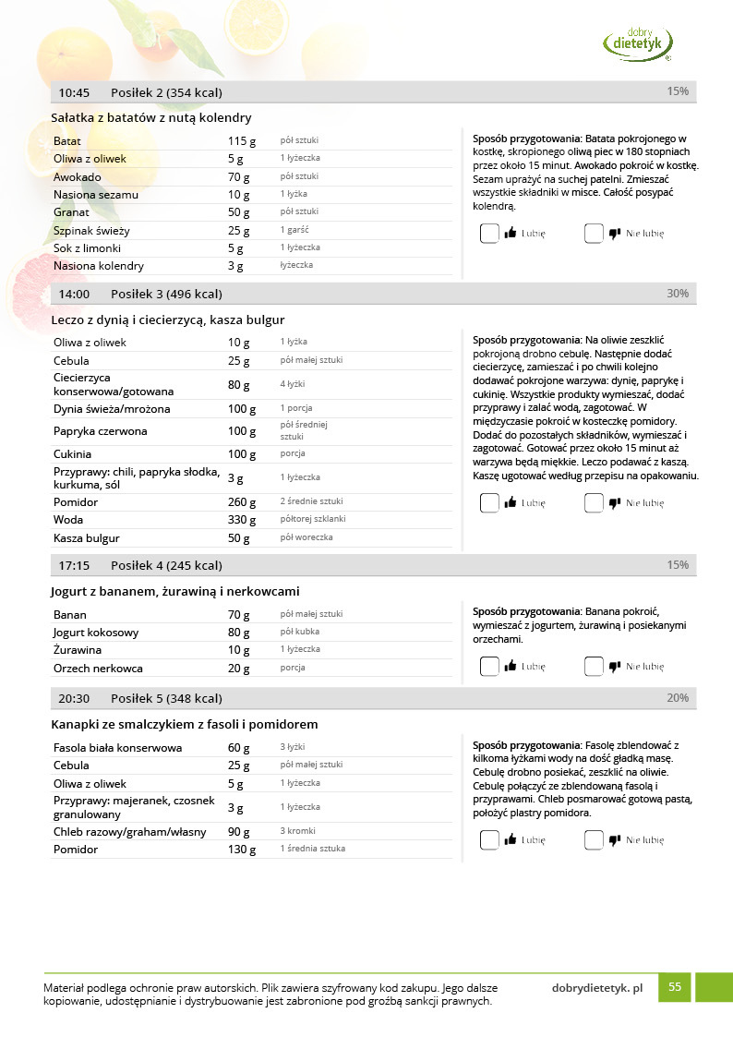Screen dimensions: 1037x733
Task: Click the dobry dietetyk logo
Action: [638, 42]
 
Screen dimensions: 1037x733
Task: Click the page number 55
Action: [675, 987]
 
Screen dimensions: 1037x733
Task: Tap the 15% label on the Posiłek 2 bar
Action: [678, 91]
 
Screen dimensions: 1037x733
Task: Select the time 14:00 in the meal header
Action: [74, 294]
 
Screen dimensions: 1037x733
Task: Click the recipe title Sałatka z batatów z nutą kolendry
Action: [151, 117]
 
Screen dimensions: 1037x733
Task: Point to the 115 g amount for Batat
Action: [242, 141]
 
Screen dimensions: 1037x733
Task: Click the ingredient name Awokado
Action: [78, 176]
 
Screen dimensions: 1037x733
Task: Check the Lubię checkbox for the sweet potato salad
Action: [489, 234]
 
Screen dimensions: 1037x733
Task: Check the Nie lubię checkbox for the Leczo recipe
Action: [594, 503]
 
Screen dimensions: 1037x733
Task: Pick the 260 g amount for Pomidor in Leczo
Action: [242, 502]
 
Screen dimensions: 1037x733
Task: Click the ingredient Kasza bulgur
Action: [87, 538]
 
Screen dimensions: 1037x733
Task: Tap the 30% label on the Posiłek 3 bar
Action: [678, 294]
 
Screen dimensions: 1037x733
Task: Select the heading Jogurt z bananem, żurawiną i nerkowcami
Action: [174, 591]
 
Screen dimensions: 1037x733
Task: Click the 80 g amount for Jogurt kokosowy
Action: [239, 633]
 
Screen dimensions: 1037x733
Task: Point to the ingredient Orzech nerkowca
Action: [98, 669]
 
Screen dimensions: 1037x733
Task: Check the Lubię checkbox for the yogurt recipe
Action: [489, 666]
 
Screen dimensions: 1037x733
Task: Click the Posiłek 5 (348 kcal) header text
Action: [166, 698]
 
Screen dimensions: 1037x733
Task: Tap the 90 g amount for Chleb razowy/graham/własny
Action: [239, 832]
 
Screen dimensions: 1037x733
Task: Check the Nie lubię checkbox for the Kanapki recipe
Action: [594, 840]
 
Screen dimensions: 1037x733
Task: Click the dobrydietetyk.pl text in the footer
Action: [596, 987]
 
